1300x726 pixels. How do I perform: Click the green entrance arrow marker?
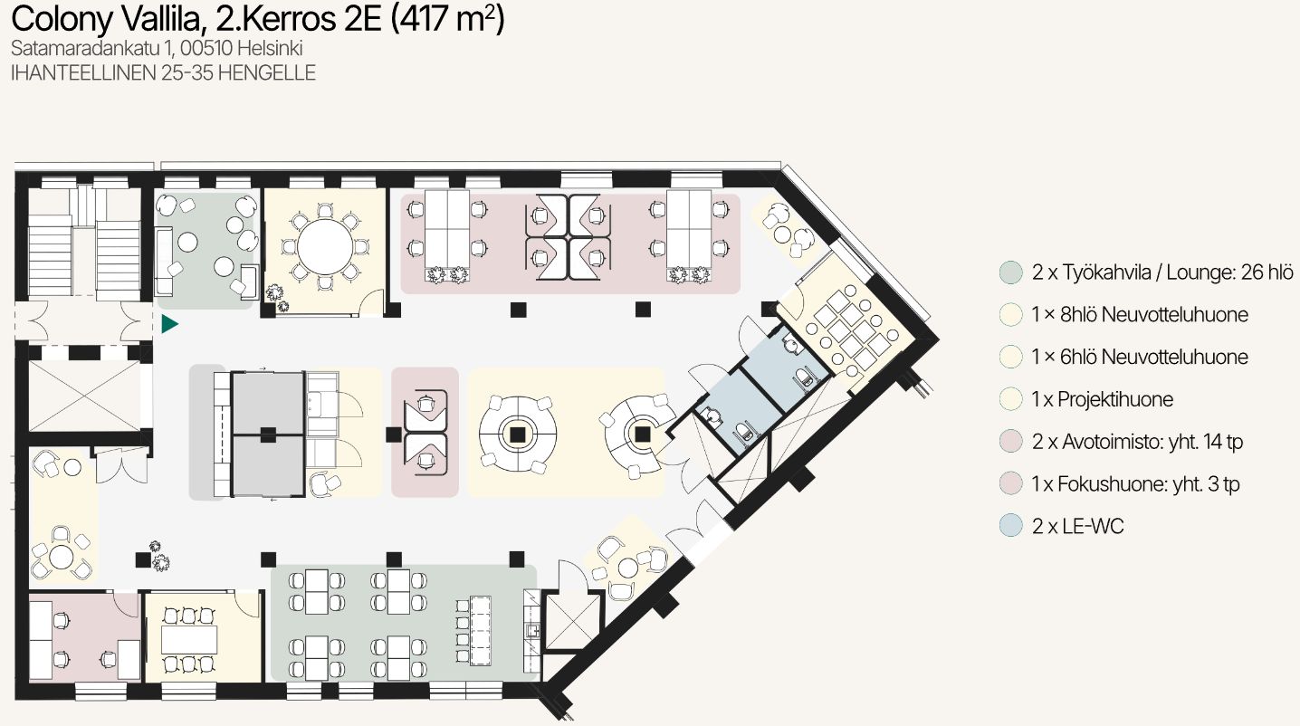pyautogui.click(x=169, y=324)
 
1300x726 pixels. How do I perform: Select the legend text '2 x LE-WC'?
pyautogui.click(x=1077, y=526)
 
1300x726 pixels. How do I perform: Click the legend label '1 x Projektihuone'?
pyautogui.click(x=1102, y=399)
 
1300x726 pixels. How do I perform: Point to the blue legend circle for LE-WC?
pyautogui.click(x=1011, y=525)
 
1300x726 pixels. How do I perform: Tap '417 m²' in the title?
pyautogui.click(x=448, y=19)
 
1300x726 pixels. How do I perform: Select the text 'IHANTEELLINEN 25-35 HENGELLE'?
pyautogui.click(x=163, y=73)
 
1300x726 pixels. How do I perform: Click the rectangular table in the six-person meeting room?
pyautogui.click(x=189, y=639)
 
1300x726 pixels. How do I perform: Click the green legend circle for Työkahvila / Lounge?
pyautogui.click(x=1011, y=272)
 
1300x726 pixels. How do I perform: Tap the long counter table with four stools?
pyautogui.click(x=481, y=630)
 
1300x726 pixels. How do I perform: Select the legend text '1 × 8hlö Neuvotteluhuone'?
pyautogui.click(x=1140, y=314)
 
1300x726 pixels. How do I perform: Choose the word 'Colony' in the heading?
pyautogui.click(x=62, y=20)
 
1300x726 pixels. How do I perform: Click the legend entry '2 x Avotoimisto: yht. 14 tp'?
pyautogui.click(x=1137, y=442)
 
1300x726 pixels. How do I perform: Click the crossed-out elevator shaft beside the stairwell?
pyautogui.click(x=85, y=396)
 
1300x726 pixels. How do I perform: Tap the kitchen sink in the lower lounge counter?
pyautogui.click(x=533, y=630)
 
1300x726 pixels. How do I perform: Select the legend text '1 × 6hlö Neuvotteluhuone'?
pyautogui.click(x=1140, y=357)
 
